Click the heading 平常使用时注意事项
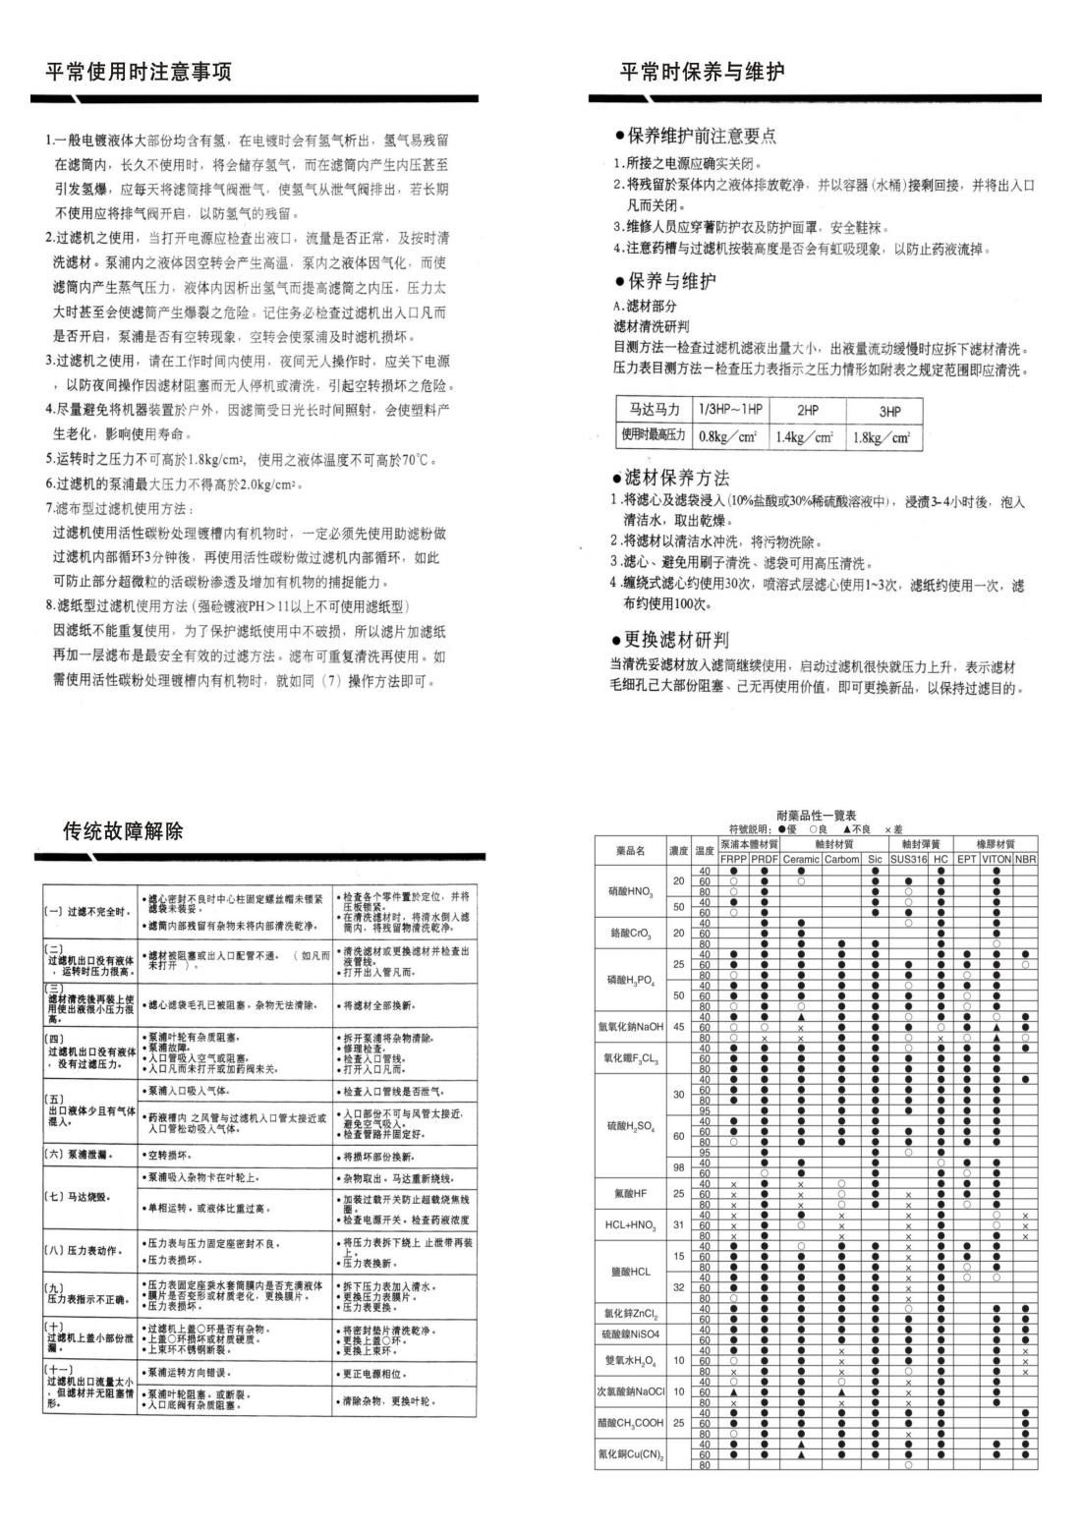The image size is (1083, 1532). tap(139, 72)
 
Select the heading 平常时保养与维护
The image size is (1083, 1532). tap(702, 72)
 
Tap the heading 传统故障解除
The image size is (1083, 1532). tap(123, 832)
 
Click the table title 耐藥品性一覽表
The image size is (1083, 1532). tap(816, 816)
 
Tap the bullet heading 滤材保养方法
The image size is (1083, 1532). tap(676, 479)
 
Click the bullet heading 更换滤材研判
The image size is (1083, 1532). tap(676, 640)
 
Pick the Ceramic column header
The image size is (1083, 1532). tap(801, 859)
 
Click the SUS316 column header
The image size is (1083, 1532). tap(909, 859)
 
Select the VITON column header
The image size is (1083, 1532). tap(996, 859)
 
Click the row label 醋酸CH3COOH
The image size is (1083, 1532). tap(630, 1422)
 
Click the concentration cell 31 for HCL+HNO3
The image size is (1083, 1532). tap(678, 1224)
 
